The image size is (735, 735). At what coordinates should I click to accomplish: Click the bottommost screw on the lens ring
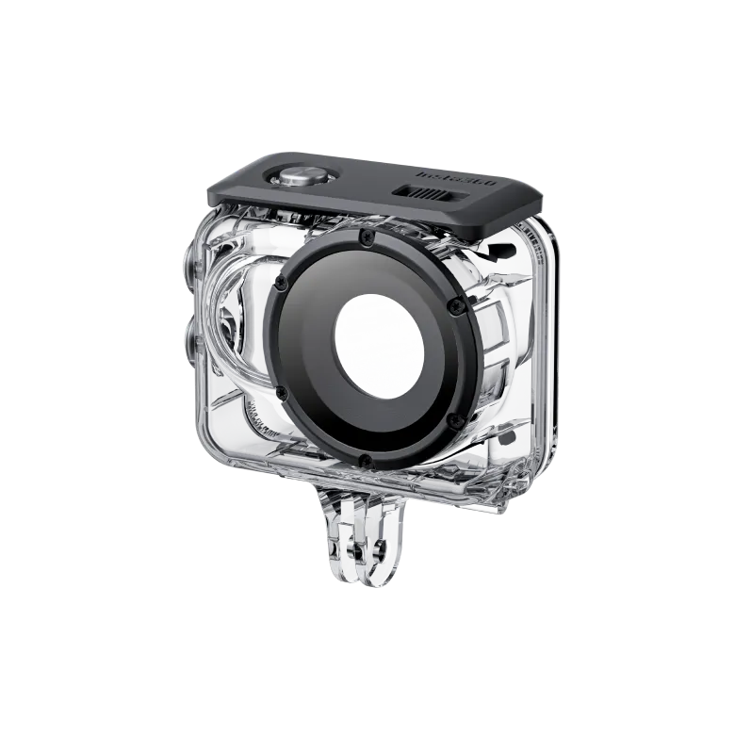364,459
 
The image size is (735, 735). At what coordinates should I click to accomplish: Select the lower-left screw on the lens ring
280,392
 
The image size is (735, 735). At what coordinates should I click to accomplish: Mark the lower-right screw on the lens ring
450,417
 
